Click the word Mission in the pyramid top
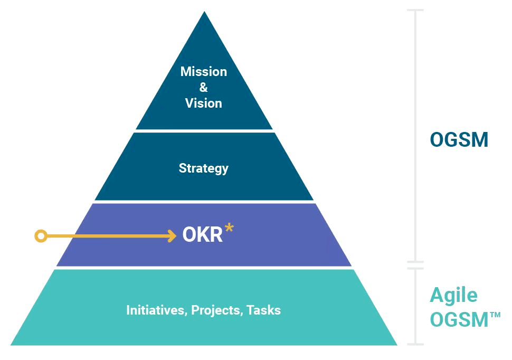[x=203, y=72]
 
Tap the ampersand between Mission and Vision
[x=203, y=87]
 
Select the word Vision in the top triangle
[x=203, y=103]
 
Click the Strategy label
[x=203, y=168]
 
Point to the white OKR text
[x=203, y=234]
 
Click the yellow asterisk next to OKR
[x=229, y=228]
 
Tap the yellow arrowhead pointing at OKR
[x=172, y=235]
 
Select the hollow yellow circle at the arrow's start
[x=41, y=236]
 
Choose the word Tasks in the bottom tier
[x=263, y=310]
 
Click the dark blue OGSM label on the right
[x=459, y=139]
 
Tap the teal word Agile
[x=453, y=296]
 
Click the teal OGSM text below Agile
[x=459, y=319]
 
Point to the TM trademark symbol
[x=495, y=315]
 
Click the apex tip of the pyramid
[x=204, y=12]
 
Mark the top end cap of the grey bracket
[x=415, y=11]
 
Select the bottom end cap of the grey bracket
[x=415, y=344]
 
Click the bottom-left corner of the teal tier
[x=11, y=345]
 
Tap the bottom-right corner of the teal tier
[x=397, y=345]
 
